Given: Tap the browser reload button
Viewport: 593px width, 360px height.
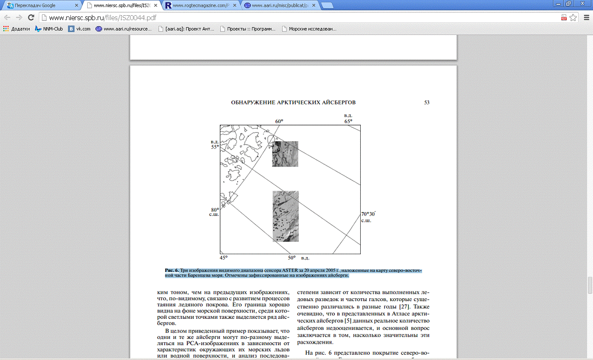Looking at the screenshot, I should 31,18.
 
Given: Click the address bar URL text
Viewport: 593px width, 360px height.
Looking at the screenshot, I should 103,18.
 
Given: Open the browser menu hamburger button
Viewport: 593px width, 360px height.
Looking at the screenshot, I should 586,18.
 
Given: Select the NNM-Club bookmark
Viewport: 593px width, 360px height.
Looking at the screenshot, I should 49,29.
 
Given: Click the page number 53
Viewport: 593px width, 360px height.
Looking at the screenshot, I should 426,102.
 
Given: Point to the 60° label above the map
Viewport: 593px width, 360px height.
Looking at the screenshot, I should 279,121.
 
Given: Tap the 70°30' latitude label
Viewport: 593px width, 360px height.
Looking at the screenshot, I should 368,214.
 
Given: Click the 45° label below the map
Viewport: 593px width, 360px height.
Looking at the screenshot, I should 224,258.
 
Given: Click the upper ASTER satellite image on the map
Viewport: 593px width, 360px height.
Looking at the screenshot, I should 285,154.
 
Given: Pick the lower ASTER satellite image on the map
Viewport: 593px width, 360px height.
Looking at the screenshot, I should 285,216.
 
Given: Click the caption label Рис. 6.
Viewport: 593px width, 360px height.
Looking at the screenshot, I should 172,271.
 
